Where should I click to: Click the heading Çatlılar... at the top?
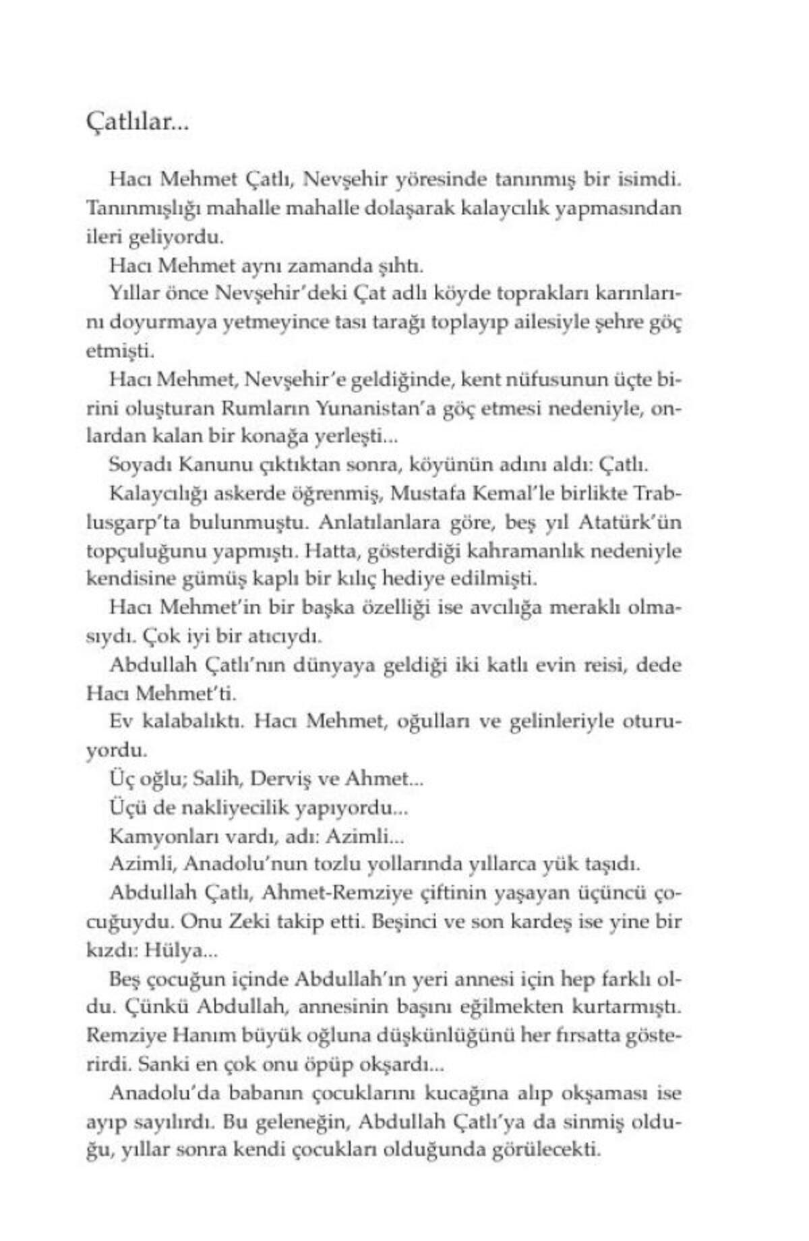click(x=138, y=124)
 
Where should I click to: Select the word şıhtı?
click(x=403, y=266)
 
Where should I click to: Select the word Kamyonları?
click(x=157, y=837)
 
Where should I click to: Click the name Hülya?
click(x=173, y=951)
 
